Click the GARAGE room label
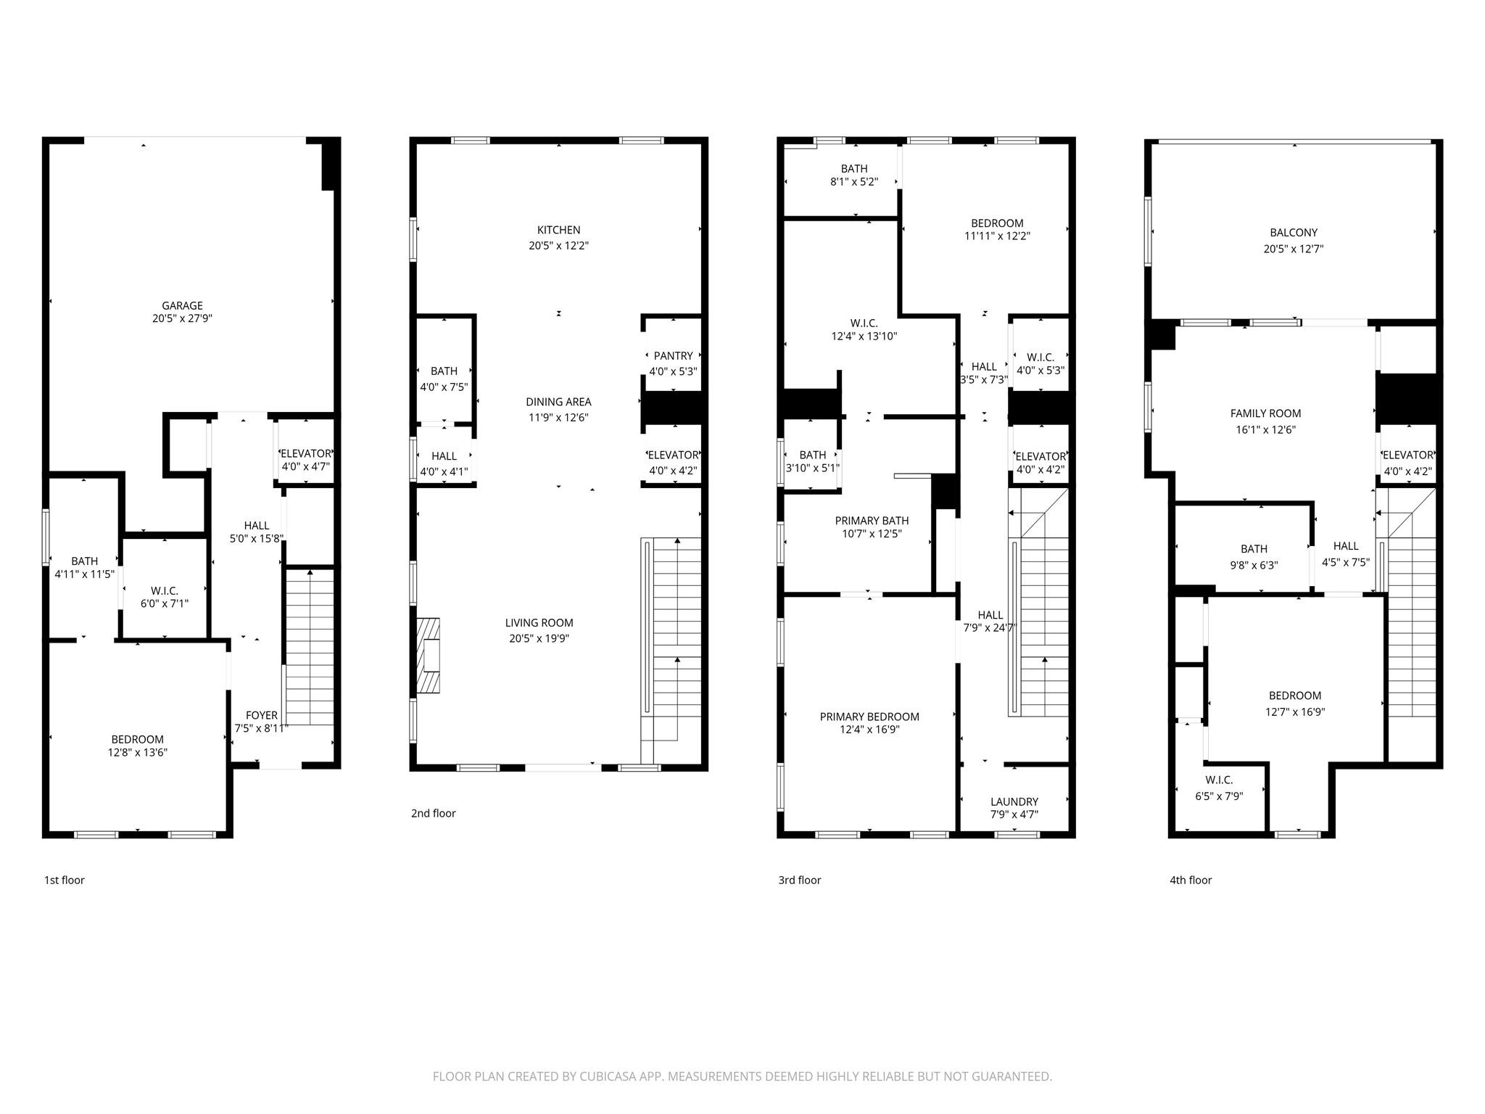pos(182,306)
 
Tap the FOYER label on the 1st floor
pos(261,715)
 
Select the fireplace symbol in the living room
pos(429,655)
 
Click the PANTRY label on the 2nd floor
pos(673,356)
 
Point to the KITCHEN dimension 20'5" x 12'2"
pos(558,246)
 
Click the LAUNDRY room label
pos(1014,801)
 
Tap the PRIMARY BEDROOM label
pos(869,717)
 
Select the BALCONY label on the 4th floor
pos(1294,233)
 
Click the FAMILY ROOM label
pos(1265,413)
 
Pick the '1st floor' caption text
pos(65,880)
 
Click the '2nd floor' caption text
pos(433,813)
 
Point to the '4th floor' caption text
pos(1190,880)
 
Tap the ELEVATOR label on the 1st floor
pos(305,454)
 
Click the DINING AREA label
pos(558,402)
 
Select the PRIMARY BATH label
pos(872,521)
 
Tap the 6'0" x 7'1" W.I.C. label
pos(165,597)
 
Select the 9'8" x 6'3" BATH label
pos(1254,556)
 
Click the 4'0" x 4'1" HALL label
pos(444,463)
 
